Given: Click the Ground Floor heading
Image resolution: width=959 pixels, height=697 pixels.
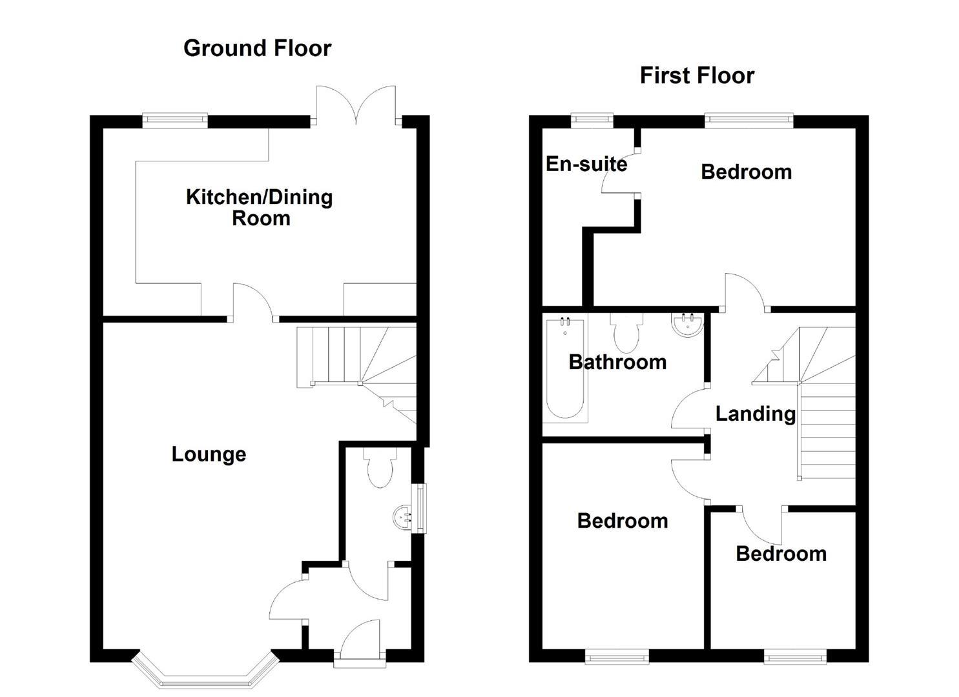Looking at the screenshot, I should click(257, 48).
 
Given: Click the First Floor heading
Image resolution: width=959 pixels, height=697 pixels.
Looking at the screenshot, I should click(697, 76).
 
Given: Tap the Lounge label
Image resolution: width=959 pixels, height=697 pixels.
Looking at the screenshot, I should click(209, 454).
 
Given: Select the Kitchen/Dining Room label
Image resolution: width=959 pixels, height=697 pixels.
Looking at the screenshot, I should click(259, 207).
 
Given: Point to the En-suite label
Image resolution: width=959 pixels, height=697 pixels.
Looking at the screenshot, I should click(586, 164).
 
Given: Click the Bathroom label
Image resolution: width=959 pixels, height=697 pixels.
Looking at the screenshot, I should click(617, 362).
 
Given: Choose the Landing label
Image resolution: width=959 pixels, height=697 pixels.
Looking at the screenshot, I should click(755, 414).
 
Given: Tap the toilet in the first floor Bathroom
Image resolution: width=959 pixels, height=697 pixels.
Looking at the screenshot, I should click(626, 332).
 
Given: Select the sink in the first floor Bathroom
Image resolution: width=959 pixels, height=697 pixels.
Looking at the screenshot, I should click(686, 325).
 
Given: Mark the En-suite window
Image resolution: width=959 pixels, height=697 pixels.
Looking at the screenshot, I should click(592, 118).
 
